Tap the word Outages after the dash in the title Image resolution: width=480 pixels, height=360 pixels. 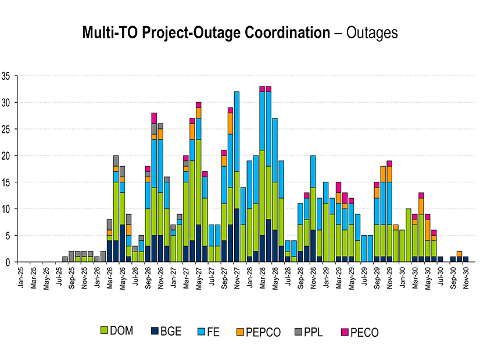[x=372, y=33]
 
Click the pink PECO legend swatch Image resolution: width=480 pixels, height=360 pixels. [x=341, y=332]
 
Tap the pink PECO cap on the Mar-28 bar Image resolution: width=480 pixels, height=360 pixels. [x=262, y=89]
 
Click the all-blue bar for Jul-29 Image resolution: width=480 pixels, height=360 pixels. [x=364, y=249]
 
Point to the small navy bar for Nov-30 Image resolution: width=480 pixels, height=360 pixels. [x=465, y=259]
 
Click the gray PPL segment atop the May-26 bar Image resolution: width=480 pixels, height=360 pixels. [x=122, y=171]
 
